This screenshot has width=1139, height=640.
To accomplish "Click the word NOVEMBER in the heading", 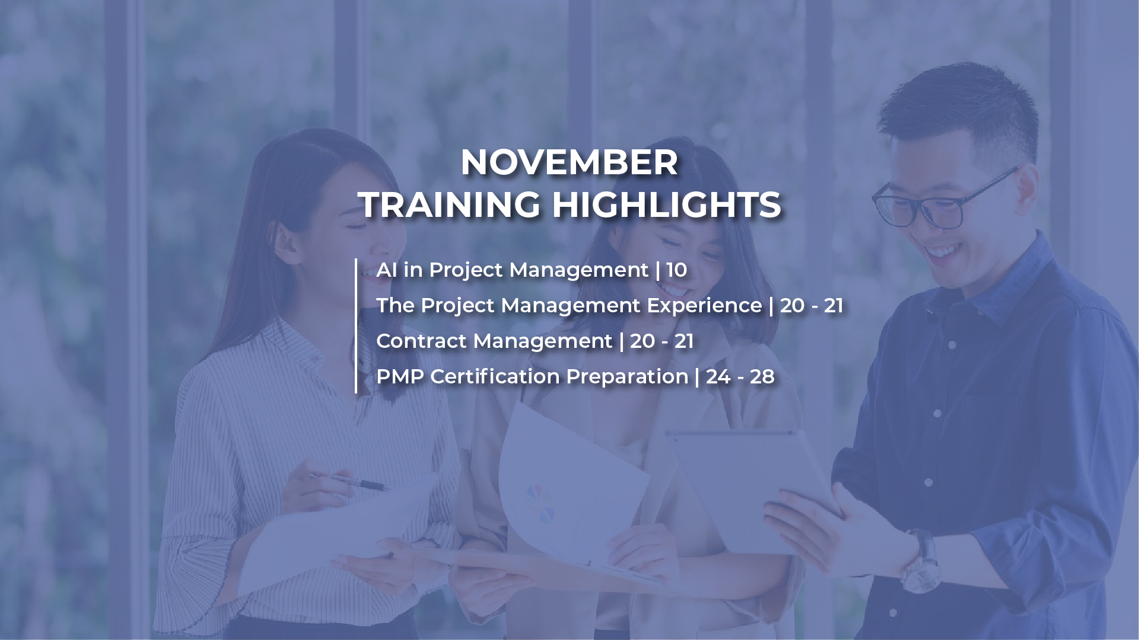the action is click(569, 162).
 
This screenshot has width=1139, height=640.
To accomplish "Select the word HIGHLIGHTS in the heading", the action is click(666, 205).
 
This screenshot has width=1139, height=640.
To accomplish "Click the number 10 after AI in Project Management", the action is click(676, 270).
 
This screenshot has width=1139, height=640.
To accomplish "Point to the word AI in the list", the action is click(387, 270).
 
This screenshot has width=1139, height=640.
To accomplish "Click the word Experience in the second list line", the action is click(704, 306).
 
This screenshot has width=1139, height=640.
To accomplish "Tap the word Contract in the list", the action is click(421, 341).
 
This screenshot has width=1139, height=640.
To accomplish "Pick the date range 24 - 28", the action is click(740, 377).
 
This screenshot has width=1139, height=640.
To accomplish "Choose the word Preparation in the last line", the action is click(627, 377).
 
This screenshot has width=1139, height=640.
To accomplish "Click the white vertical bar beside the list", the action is click(356, 326).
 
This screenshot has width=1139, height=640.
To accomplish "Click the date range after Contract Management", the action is click(662, 341).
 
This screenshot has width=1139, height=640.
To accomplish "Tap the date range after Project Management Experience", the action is click(812, 306).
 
